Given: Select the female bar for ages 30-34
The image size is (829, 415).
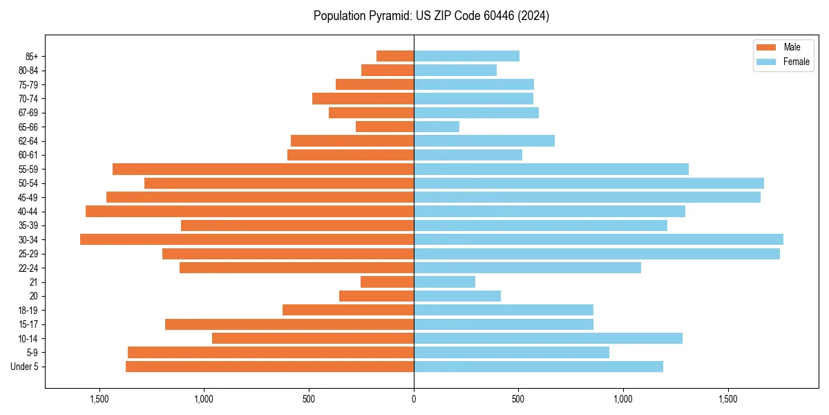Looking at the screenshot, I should pyautogui.click(x=598, y=239).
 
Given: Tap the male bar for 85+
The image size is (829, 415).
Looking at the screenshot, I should pyautogui.click(x=395, y=56).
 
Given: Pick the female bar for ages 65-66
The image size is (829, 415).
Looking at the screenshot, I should pyautogui.click(x=437, y=127).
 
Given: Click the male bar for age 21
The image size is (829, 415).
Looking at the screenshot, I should pyautogui.click(x=387, y=282).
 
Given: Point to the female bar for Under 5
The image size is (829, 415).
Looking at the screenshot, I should pyautogui.click(x=538, y=367).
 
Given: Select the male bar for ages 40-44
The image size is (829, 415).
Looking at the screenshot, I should pyautogui.click(x=249, y=211).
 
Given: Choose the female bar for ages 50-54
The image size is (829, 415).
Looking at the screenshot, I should pyautogui.click(x=589, y=183).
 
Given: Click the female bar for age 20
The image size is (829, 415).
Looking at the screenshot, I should pyautogui.click(x=457, y=296).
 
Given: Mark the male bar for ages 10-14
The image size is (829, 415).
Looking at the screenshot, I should pyautogui.click(x=313, y=338).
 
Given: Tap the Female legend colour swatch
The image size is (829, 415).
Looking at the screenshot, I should pyautogui.click(x=767, y=62).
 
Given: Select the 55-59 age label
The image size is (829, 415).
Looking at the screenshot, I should pyautogui.click(x=28, y=169).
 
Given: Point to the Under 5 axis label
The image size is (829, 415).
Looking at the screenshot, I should pyautogui.click(x=25, y=367).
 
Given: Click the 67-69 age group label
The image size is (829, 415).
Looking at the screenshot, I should pyautogui.click(x=28, y=113).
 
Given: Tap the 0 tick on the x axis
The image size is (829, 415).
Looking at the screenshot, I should pyautogui.click(x=414, y=399).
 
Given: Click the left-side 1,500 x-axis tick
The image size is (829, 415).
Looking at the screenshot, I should pyautogui.click(x=99, y=399).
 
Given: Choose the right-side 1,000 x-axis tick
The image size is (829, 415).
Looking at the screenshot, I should pyautogui.click(x=623, y=399).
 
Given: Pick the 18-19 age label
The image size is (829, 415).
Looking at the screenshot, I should pyautogui.click(x=28, y=310).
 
